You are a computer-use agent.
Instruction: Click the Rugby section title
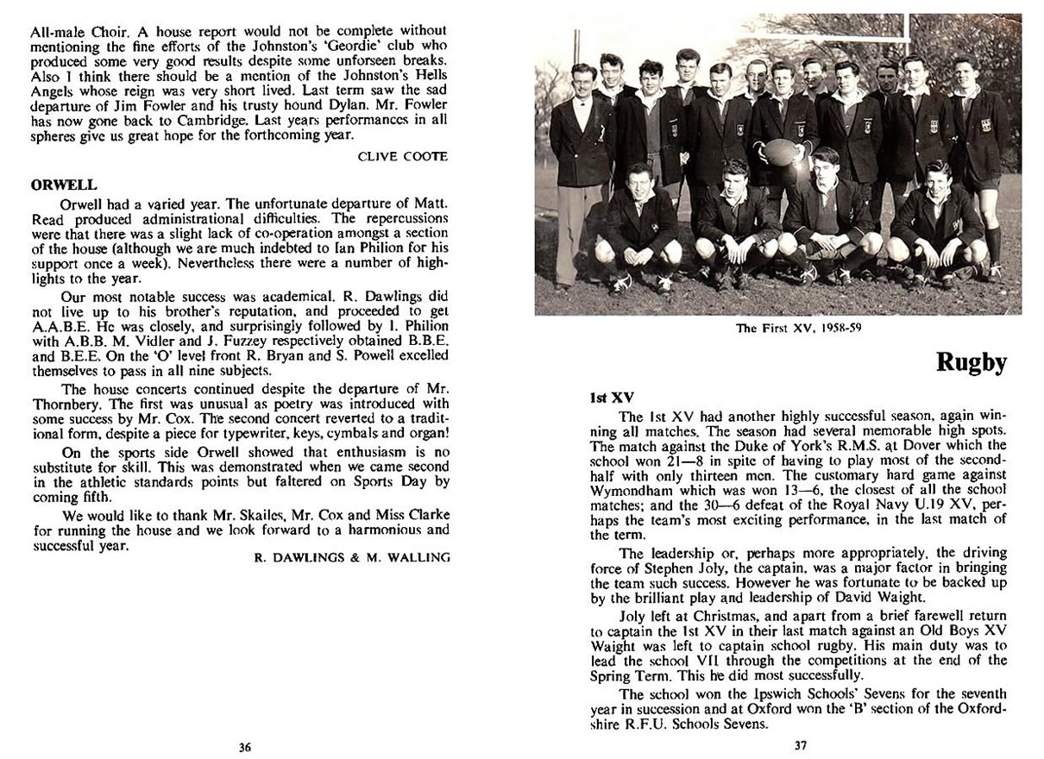coord(972,362)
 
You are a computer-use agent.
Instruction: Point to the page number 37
coord(801,745)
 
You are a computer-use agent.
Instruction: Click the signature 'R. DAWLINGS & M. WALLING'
coord(352,558)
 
